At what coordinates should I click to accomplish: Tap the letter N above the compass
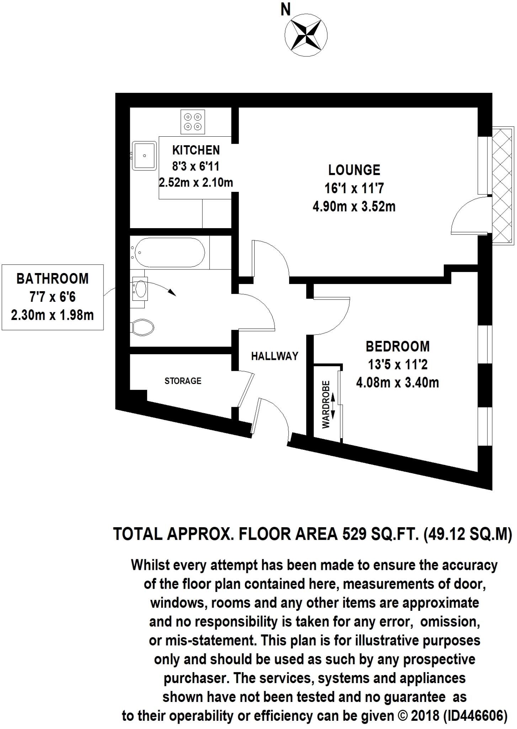coord(286,10)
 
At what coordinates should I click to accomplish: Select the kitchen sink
coord(144,156)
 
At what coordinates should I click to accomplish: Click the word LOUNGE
coord(354,170)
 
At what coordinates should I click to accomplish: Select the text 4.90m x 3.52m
coord(354,206)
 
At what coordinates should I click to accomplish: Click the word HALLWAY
coord(275,356)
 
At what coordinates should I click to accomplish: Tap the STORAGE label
coord(183,381)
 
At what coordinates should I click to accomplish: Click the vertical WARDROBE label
coord(326,404)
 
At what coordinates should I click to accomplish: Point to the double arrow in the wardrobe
coord(333,405)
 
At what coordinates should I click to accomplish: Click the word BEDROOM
coord(398,346)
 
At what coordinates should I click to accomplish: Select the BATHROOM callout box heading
coord(53,278)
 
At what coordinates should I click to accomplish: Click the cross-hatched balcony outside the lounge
coord(503,185)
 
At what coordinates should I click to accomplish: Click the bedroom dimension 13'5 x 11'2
coord(397,364)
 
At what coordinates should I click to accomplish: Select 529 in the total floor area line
coord(354,534)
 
